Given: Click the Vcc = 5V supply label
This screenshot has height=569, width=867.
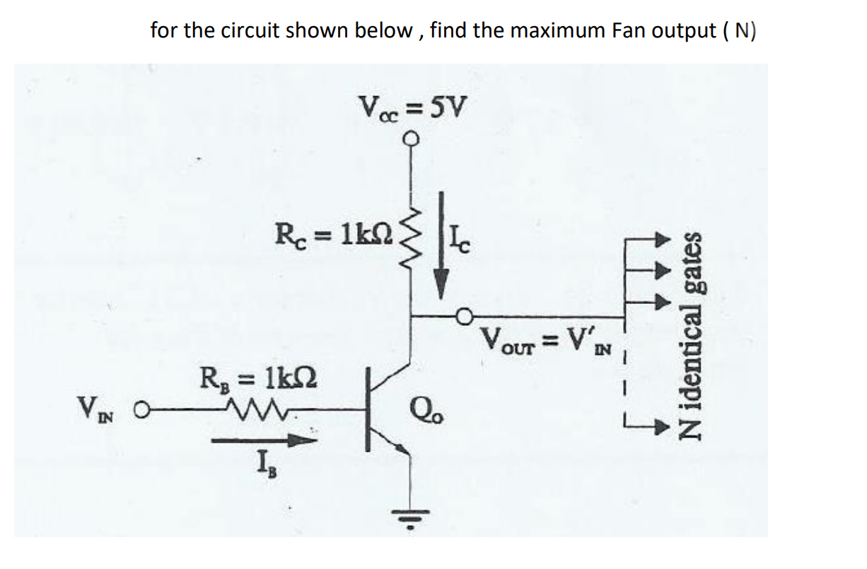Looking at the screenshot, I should point(414,108).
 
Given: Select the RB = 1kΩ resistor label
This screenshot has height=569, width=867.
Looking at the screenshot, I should point(259,375).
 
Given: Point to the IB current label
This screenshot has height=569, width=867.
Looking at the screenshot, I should point(263,467).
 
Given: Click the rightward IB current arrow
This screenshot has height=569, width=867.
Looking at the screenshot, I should point(263,440).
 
